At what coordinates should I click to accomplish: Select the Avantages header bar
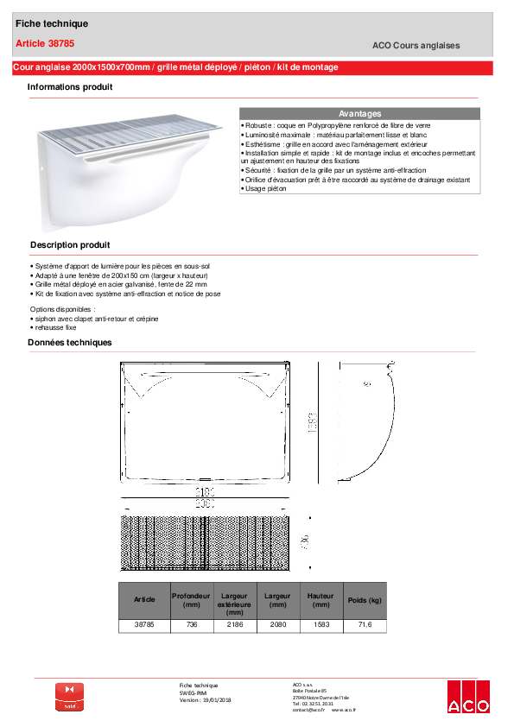(359, 114)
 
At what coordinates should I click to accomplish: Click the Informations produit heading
(70, 87)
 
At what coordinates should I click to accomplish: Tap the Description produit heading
(70, 245)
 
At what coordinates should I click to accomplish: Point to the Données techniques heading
(70, 343)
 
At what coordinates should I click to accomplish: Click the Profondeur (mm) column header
(190, 600)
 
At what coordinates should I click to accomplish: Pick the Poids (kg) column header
(364, 600)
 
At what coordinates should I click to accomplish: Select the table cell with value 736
(190, 624)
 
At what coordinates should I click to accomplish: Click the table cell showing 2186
(235, 624)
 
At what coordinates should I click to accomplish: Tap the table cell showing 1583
(320, 624)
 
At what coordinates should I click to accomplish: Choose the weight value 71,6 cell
(364, 624)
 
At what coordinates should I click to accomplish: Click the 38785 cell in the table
(144, 624)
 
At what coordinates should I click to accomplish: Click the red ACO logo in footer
(468, 698)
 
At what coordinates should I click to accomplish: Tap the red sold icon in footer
(70, 697)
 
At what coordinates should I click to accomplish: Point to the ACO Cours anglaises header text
(416, 46)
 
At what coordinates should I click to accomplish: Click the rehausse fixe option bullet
(56, 328)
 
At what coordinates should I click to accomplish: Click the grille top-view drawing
(206, 543)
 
